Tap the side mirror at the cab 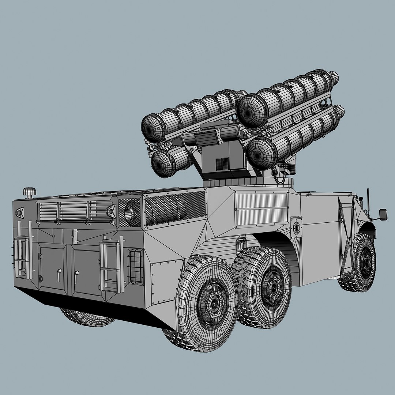click(x=383, y=214)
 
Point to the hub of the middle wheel click(x=272, y=286)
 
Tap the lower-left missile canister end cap click(x=163, y=163)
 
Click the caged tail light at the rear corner click(x=136, y=266)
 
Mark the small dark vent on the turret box click(x=222, y=163)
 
